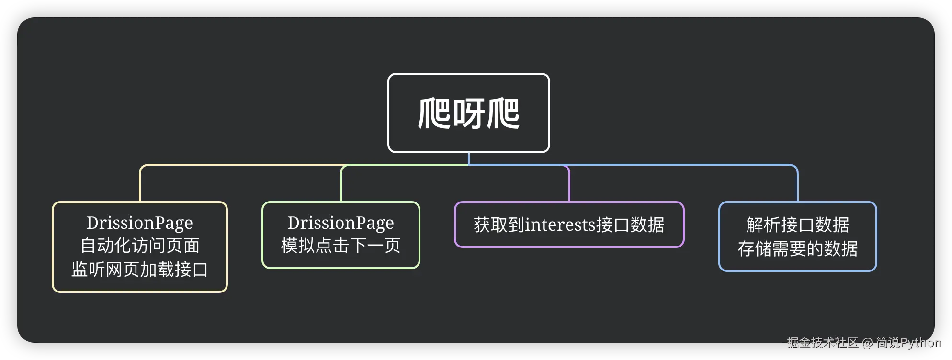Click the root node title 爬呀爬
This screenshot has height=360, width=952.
point(468,113)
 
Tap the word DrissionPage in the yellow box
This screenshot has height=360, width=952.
point(139,223)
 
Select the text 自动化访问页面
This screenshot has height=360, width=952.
point(139,246)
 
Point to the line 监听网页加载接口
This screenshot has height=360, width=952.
point(139,270)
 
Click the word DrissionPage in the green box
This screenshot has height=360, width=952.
point(340,223)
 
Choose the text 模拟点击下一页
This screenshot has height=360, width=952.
point(340,246)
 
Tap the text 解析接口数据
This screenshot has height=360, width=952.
point(797,225)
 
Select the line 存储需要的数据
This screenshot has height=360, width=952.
point(797,248)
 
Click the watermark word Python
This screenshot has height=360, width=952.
point(920,342)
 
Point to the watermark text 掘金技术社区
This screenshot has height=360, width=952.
point(822,342)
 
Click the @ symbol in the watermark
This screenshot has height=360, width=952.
point(867,343)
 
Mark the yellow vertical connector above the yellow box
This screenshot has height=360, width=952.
point(140,184)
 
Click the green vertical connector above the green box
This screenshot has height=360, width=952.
point(341,184)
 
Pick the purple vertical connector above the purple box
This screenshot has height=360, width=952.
point(569,184)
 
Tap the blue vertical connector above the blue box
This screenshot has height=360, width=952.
point(798,184)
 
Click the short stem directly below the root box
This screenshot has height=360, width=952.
point(468,158)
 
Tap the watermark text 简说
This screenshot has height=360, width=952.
point(888,342)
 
